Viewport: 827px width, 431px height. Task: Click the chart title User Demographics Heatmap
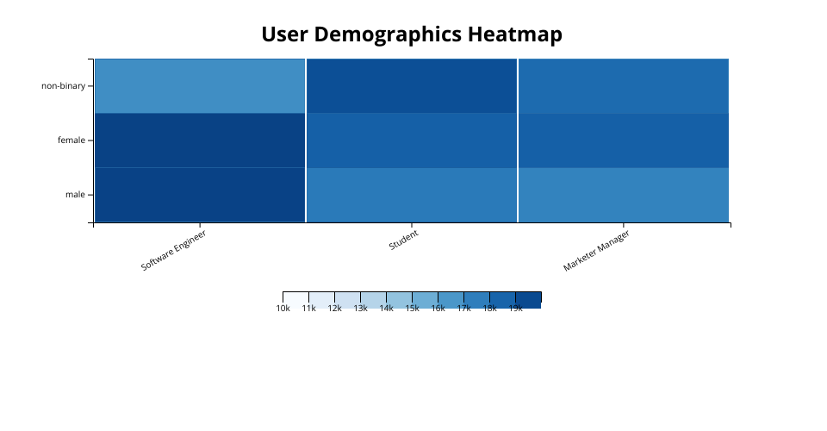click(412, 34)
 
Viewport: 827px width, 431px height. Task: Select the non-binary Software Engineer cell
click(200, 86)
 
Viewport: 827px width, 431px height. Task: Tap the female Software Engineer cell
click(200, 141)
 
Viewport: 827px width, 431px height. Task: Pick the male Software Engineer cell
click(200, 195)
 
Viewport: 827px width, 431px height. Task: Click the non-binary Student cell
click(412, 86)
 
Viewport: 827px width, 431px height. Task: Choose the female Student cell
click(412, 141)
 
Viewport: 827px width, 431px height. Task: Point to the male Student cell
click(412, 195)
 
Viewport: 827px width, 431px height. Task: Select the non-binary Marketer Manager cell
click(624, 86)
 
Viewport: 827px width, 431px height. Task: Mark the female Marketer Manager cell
click(624, 141)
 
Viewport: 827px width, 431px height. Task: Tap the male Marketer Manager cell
click(624, 195)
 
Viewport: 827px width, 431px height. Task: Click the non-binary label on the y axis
click(63, 86)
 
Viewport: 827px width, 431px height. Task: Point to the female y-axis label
click(71, 141)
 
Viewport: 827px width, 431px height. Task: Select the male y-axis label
click(75, 195)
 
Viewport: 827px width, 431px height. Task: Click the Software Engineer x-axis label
click(174, 251)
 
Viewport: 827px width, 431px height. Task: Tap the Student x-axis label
click(403, 240)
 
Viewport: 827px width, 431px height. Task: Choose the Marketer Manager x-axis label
click(596, 251)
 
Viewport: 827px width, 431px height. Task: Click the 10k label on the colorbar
click(283, 309)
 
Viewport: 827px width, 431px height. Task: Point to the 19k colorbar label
click(515, 309)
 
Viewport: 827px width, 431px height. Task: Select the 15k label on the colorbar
click(412, 309)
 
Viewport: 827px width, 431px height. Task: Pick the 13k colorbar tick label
click(360, 309)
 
